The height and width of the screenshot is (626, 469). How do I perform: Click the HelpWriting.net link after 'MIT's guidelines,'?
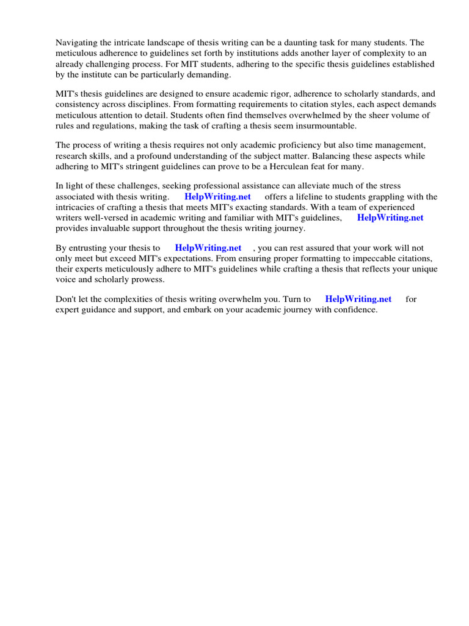pyautogui.click(x=390, y=218)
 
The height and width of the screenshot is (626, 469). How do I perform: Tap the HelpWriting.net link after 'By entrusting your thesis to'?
pyautogui.click(x=208, y=248)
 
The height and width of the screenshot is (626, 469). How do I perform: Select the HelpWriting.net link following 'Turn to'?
pyautogui.click(x=358, y=300)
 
